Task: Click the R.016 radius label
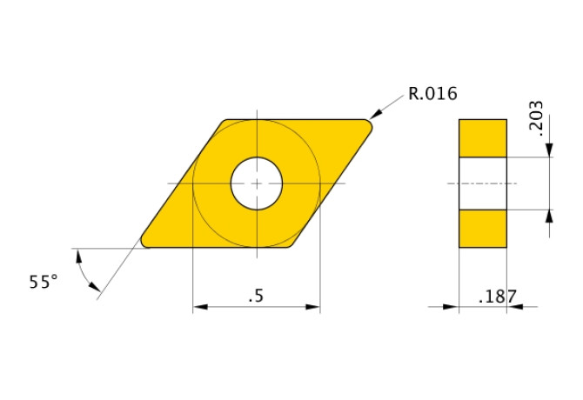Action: [432, 94]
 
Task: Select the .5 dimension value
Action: [256, 297]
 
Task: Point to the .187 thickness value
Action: [498, 297]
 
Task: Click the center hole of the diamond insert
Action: [257, 183]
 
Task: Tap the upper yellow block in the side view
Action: [483, 138]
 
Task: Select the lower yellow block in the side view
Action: [483, 229]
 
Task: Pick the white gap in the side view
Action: [483, 183]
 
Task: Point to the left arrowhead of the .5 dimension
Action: [199, 306]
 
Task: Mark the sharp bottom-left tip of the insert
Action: [144, 243]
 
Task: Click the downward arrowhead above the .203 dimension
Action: [549, 151]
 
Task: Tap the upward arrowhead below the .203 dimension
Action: [549, 217]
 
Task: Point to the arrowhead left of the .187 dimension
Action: [452, 306]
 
